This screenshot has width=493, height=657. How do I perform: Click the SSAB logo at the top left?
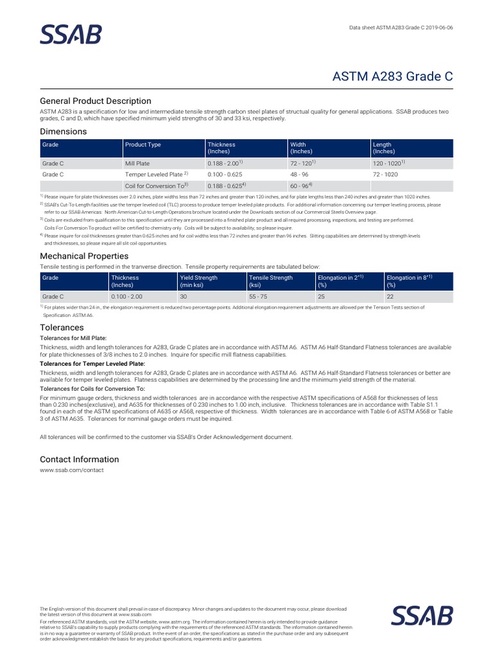pos(71,35)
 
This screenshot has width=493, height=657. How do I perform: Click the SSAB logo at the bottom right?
pos(422,615)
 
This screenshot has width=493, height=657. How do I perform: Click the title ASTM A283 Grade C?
pos(392,76)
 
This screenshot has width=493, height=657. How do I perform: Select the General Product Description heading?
pos(96,101)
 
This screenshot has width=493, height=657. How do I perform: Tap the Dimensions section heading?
pos(63,132)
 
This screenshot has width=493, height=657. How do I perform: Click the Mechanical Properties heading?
pos(84,256)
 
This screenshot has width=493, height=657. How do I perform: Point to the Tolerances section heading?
pos(62,327)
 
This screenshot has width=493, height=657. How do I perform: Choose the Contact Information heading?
pos(79,459)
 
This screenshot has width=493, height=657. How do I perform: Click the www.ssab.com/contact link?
pos(71,470)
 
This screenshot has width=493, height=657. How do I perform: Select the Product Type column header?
pos(143,145)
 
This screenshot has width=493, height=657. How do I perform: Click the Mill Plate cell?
pos(137,164)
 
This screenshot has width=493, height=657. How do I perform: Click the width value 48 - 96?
pos(300,174)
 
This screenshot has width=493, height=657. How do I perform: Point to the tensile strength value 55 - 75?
pos(259,297)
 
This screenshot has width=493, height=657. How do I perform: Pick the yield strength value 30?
pos(184,297)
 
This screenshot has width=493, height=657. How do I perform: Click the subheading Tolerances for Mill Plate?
pos(73,337)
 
